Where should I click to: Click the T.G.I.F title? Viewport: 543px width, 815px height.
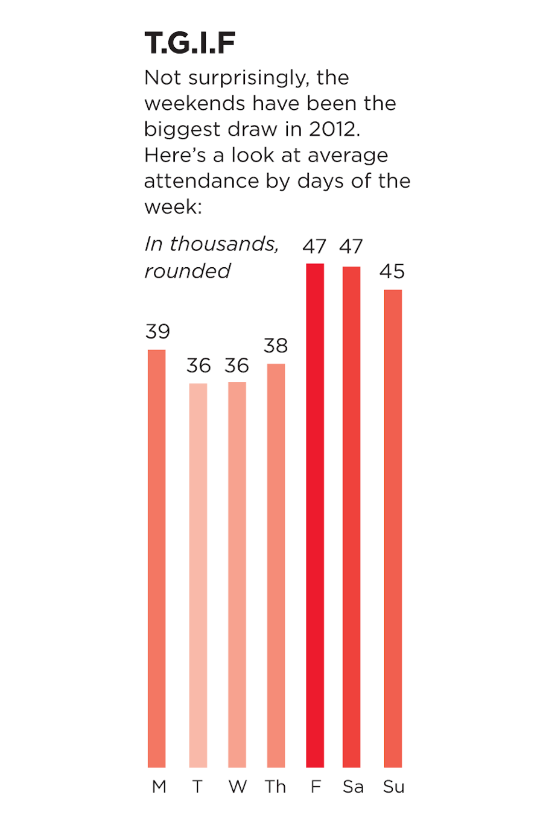[x=190, y=43]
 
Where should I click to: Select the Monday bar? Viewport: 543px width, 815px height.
[x=157, y=558]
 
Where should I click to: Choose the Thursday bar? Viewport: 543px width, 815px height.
[x=276, y=565]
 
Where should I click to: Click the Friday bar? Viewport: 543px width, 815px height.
[x=315, y=515]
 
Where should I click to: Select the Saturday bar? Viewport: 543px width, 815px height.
[x=352, y=516]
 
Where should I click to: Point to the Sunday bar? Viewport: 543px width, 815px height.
[x=393, y=528]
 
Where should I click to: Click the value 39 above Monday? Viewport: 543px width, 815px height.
[x=157, y=331]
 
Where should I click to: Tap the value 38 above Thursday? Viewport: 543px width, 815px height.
[x=276, y=346]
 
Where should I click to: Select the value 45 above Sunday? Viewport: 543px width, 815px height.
[x=392, y=271]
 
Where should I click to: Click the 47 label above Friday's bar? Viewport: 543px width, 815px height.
[x=314, y=246]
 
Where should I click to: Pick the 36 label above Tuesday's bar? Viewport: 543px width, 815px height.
[x=198, y=366]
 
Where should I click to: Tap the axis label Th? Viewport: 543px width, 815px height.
[x=275, y=787]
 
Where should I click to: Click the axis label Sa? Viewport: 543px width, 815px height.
[x=353, y=787]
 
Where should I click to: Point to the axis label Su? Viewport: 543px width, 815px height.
[x=393, y=787]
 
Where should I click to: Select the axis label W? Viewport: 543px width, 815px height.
[x=238, y=787]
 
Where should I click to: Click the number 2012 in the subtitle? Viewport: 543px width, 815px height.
[x=334, y=129]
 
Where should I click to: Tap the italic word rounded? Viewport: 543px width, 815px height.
[x=187, y=271]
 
